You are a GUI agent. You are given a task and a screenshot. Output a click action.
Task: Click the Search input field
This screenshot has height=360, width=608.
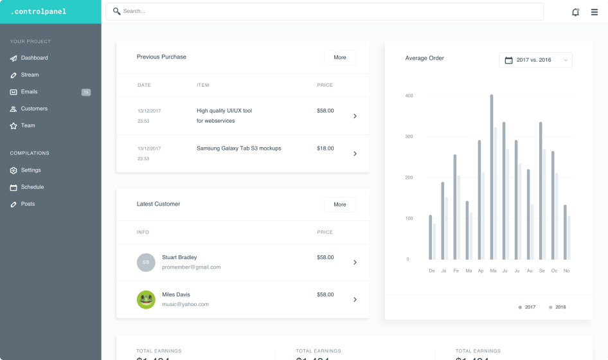point(325,12)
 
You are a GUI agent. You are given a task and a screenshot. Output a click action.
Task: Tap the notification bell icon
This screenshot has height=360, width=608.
point(575,12)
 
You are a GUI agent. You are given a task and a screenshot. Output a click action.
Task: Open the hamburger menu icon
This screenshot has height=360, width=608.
point(595,12)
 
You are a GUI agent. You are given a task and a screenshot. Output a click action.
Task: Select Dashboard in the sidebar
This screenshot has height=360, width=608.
point(34,58)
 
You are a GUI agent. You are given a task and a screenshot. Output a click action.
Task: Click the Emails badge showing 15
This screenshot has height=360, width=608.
point(86,92)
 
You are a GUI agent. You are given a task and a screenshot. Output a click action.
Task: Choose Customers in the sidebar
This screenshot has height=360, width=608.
point(34,109)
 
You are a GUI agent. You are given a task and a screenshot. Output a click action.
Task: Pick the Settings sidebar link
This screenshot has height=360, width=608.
point(31,170)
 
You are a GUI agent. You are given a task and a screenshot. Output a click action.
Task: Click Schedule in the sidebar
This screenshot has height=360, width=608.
point(32,187)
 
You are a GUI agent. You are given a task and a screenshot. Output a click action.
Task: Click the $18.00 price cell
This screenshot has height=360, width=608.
point(325,148)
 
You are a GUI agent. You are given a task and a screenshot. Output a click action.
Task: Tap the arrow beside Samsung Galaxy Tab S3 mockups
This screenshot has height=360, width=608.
point(355,154)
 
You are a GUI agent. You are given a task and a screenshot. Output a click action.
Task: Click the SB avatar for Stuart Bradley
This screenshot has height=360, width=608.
point(146,262)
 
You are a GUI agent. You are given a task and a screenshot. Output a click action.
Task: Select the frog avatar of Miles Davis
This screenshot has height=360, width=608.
point(146,300)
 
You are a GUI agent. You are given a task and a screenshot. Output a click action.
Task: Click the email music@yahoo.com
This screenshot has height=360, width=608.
point(185,304)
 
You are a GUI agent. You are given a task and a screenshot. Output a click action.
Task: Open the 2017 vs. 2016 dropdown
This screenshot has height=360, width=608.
point(535,60)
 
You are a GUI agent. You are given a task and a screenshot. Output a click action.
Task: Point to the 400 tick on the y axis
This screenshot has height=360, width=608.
point(409,96)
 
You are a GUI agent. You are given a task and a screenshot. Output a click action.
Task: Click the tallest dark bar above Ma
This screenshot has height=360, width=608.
point(492,177)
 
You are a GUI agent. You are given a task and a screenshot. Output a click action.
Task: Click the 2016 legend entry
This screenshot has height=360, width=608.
point(557,307)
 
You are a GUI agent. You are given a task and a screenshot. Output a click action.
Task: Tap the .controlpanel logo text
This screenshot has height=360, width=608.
point(39,12)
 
